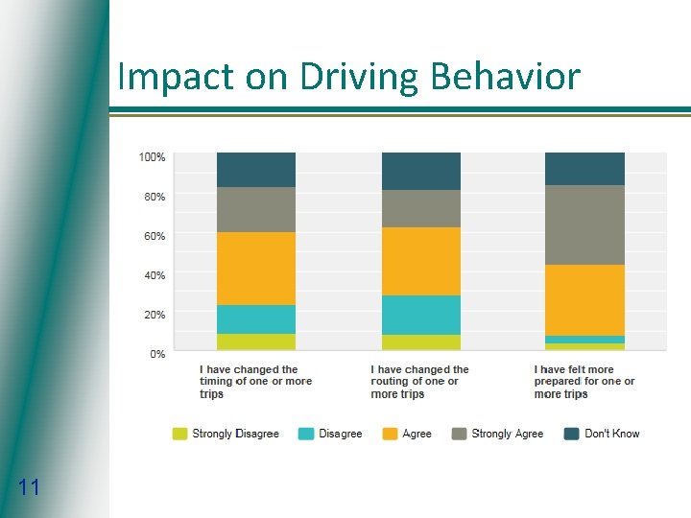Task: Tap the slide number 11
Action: coord(29,488)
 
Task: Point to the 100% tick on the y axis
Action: coord(153,156)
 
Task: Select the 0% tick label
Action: coord(157,354)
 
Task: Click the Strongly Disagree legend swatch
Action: coord(179,434)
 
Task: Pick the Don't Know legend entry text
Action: coord(611,434)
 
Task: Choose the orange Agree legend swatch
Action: coord(390,434)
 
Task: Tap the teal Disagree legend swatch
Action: coord(306,434)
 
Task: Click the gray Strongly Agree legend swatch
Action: coord(460,434)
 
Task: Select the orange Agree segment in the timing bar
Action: coord(256,269)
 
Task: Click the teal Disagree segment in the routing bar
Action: coord(421,315)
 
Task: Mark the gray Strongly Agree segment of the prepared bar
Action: coord(585,224)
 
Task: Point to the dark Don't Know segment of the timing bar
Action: coord(256,170)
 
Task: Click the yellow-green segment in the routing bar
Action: coord(421,341)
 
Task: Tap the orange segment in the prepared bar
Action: coord(585,300)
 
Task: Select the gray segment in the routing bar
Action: coord(421,208)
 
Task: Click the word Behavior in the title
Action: coord(507,77)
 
